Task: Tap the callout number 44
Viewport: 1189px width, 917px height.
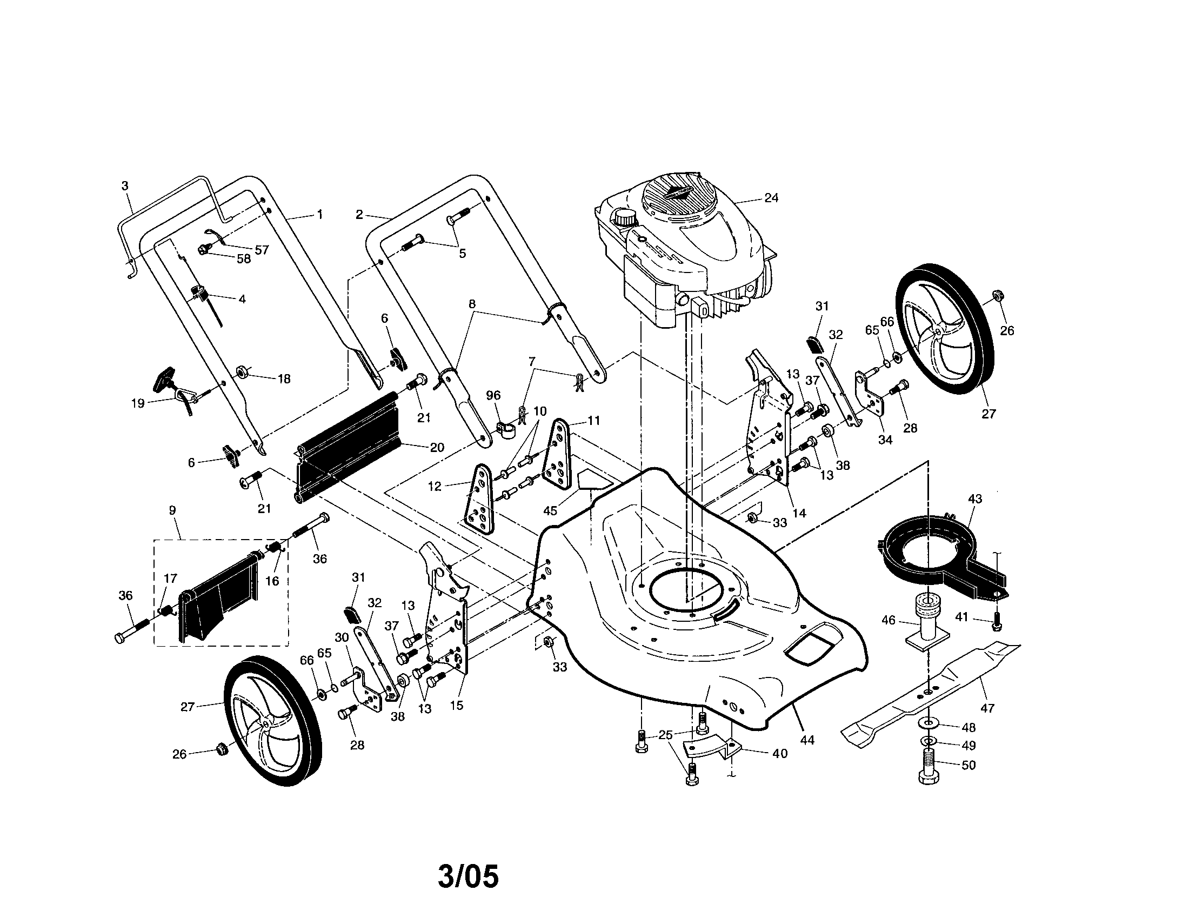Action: pos(807,740)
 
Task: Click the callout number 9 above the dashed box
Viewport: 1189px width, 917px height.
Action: pos(172,511)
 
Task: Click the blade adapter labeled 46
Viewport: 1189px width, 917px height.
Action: pos(925,621)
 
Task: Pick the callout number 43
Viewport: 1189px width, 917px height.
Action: pos(975,499)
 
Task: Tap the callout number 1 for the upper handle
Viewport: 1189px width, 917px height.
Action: pos(320,215)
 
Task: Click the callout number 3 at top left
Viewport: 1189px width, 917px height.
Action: pos(125,185)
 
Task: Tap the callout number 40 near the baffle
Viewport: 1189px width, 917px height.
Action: pos(779,754)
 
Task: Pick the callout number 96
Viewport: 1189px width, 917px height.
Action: pos(494,395)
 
